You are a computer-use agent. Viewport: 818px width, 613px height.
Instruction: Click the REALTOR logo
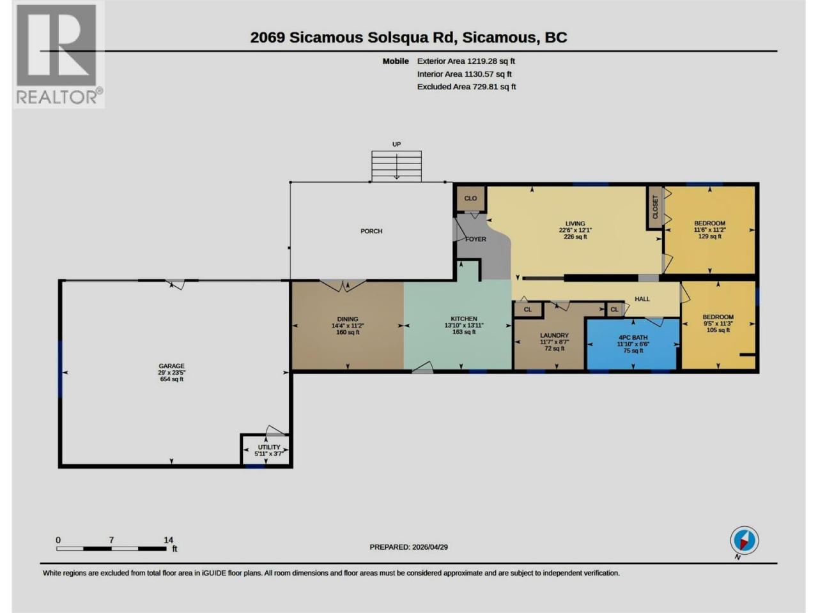tap(59, 55)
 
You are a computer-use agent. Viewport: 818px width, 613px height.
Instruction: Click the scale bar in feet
tap(111, 549)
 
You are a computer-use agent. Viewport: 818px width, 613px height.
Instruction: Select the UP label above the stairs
tap(396, 144)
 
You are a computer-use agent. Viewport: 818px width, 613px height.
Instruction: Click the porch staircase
tap(396, 167)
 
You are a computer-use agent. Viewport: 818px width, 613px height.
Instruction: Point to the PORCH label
tap(371, 231)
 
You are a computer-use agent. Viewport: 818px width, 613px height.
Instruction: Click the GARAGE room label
tap(171, 366)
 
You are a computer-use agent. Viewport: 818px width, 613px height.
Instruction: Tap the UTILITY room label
tap(269, 447)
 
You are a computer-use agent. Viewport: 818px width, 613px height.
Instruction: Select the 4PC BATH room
tap(633, 344)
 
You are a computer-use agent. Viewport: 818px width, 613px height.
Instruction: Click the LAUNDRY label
tap(555, 335)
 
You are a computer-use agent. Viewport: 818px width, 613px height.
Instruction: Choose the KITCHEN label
tap(464, 319)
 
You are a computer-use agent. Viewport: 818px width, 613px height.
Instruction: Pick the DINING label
tap(348, 319)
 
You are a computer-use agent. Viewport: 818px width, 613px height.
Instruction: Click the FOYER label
tap(476, 239)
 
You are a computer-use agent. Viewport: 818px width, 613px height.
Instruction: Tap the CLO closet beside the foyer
tap(471, 199)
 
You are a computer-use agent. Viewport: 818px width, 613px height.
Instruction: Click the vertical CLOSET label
tap(656, 207)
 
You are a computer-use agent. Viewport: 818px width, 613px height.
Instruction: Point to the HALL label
tap(642, 299)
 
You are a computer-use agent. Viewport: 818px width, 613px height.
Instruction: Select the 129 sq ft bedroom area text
tap(709, 236)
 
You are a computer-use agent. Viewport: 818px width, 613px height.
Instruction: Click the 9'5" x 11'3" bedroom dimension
tap(718, 324)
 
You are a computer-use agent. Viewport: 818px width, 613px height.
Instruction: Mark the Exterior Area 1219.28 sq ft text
tap(466, 61)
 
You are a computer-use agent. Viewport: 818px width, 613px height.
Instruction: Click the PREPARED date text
tap(409, 547)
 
